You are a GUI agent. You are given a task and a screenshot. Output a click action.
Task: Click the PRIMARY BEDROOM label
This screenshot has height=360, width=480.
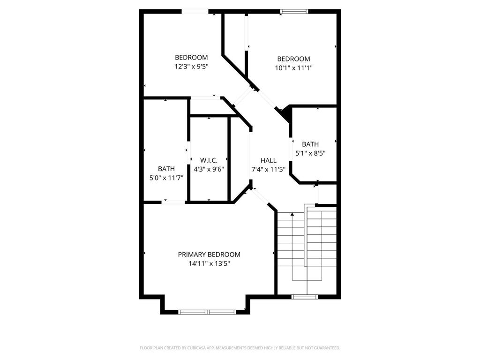[209, 255]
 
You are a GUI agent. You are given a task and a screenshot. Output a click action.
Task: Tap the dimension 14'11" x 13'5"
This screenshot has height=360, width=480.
[209, 263]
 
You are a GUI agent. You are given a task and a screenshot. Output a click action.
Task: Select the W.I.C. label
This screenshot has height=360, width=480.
[209, 160]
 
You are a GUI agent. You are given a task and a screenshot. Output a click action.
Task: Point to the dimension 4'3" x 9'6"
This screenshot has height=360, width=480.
[209, 169]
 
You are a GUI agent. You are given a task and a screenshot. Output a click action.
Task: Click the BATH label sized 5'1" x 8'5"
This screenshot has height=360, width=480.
[310, 144]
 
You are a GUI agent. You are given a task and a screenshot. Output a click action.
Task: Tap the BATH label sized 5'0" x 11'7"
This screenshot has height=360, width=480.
[166, 169]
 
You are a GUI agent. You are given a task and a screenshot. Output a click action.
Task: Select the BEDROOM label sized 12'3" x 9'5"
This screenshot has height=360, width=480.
[191, 58]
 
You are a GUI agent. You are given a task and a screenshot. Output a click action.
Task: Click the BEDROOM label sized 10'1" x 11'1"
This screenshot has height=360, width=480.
[293, 59]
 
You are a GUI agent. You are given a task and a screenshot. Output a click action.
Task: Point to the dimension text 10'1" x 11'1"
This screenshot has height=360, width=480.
[293, 67]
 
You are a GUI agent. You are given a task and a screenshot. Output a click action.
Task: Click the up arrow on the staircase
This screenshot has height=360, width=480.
[292, 215]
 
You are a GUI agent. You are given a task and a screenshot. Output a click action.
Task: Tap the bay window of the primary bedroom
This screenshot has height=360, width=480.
[208, 312]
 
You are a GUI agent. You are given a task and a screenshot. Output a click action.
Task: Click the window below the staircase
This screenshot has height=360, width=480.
[305, 296]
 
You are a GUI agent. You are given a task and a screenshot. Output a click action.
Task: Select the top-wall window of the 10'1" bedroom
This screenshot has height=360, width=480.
[294, 11]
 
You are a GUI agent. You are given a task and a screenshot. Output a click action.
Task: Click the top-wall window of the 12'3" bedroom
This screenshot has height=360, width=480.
[195, 11]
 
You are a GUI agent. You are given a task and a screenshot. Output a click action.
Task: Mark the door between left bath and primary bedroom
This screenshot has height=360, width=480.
[173, 202]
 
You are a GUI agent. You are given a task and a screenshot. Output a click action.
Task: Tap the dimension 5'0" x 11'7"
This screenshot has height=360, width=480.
[166, 178]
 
